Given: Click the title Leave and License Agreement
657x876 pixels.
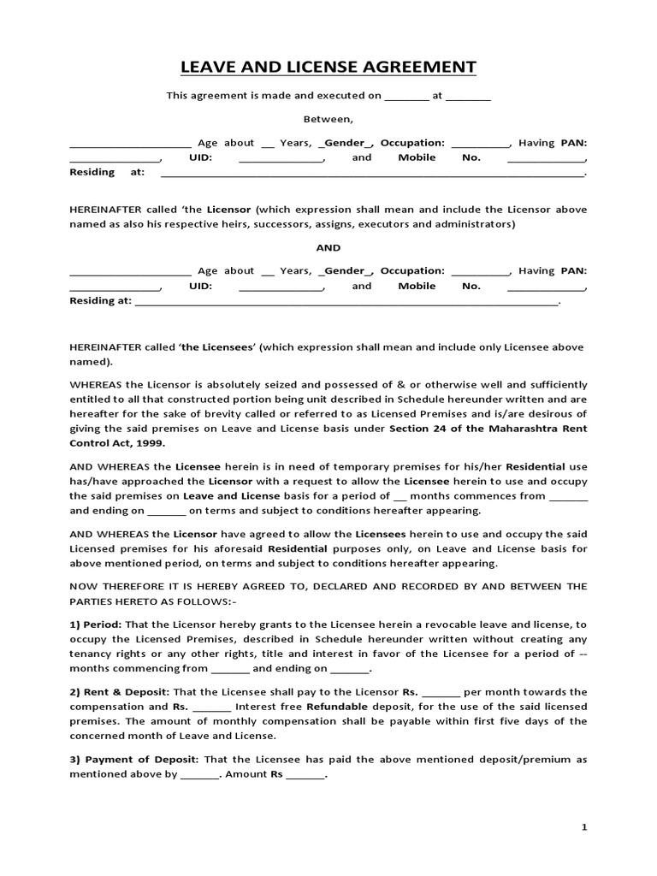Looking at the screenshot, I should (328, 68).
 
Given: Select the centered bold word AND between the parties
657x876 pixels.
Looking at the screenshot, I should (328, 247).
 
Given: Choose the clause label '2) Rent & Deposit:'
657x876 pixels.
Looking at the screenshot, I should (120, 691).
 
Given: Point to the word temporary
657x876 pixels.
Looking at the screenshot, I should (363, 467).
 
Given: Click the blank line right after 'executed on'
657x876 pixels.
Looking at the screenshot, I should (406, 96).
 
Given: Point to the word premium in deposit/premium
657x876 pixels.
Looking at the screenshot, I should (548, 759).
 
